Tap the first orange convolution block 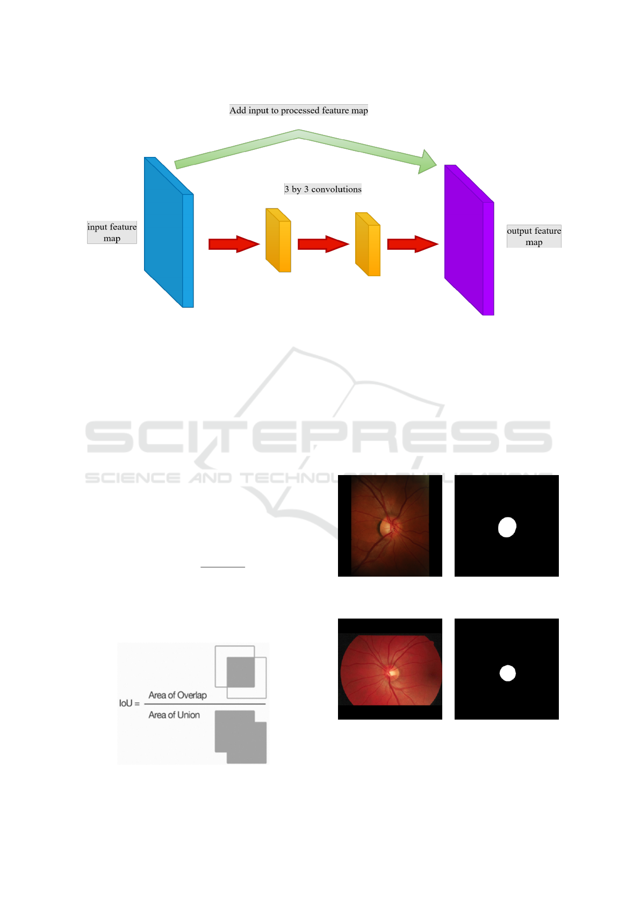278,241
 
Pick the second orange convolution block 368,245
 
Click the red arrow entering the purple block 412,244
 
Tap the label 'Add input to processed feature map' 299,110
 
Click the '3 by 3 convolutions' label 323,189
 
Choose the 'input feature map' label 112,232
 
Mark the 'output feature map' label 534,236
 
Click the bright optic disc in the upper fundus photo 386,528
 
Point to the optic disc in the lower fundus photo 393,672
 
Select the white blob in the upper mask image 507,527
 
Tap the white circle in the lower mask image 507,673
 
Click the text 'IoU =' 129,703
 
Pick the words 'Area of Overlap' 177,695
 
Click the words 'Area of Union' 174,715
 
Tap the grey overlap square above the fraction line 241,671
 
